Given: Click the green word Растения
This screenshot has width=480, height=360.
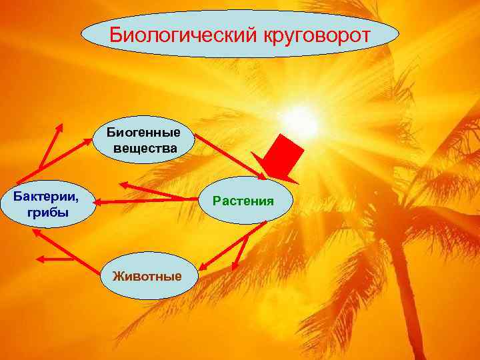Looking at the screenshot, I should click(x=244, y=200).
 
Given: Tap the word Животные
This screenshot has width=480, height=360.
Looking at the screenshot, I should click(x=147, y=275).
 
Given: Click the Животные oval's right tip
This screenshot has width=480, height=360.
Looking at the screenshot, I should click(x=198, y=275).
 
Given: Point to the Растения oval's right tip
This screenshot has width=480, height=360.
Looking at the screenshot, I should click(x=293, y=200).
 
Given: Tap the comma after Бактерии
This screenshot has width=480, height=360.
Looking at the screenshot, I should click(x=75, y=201).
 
